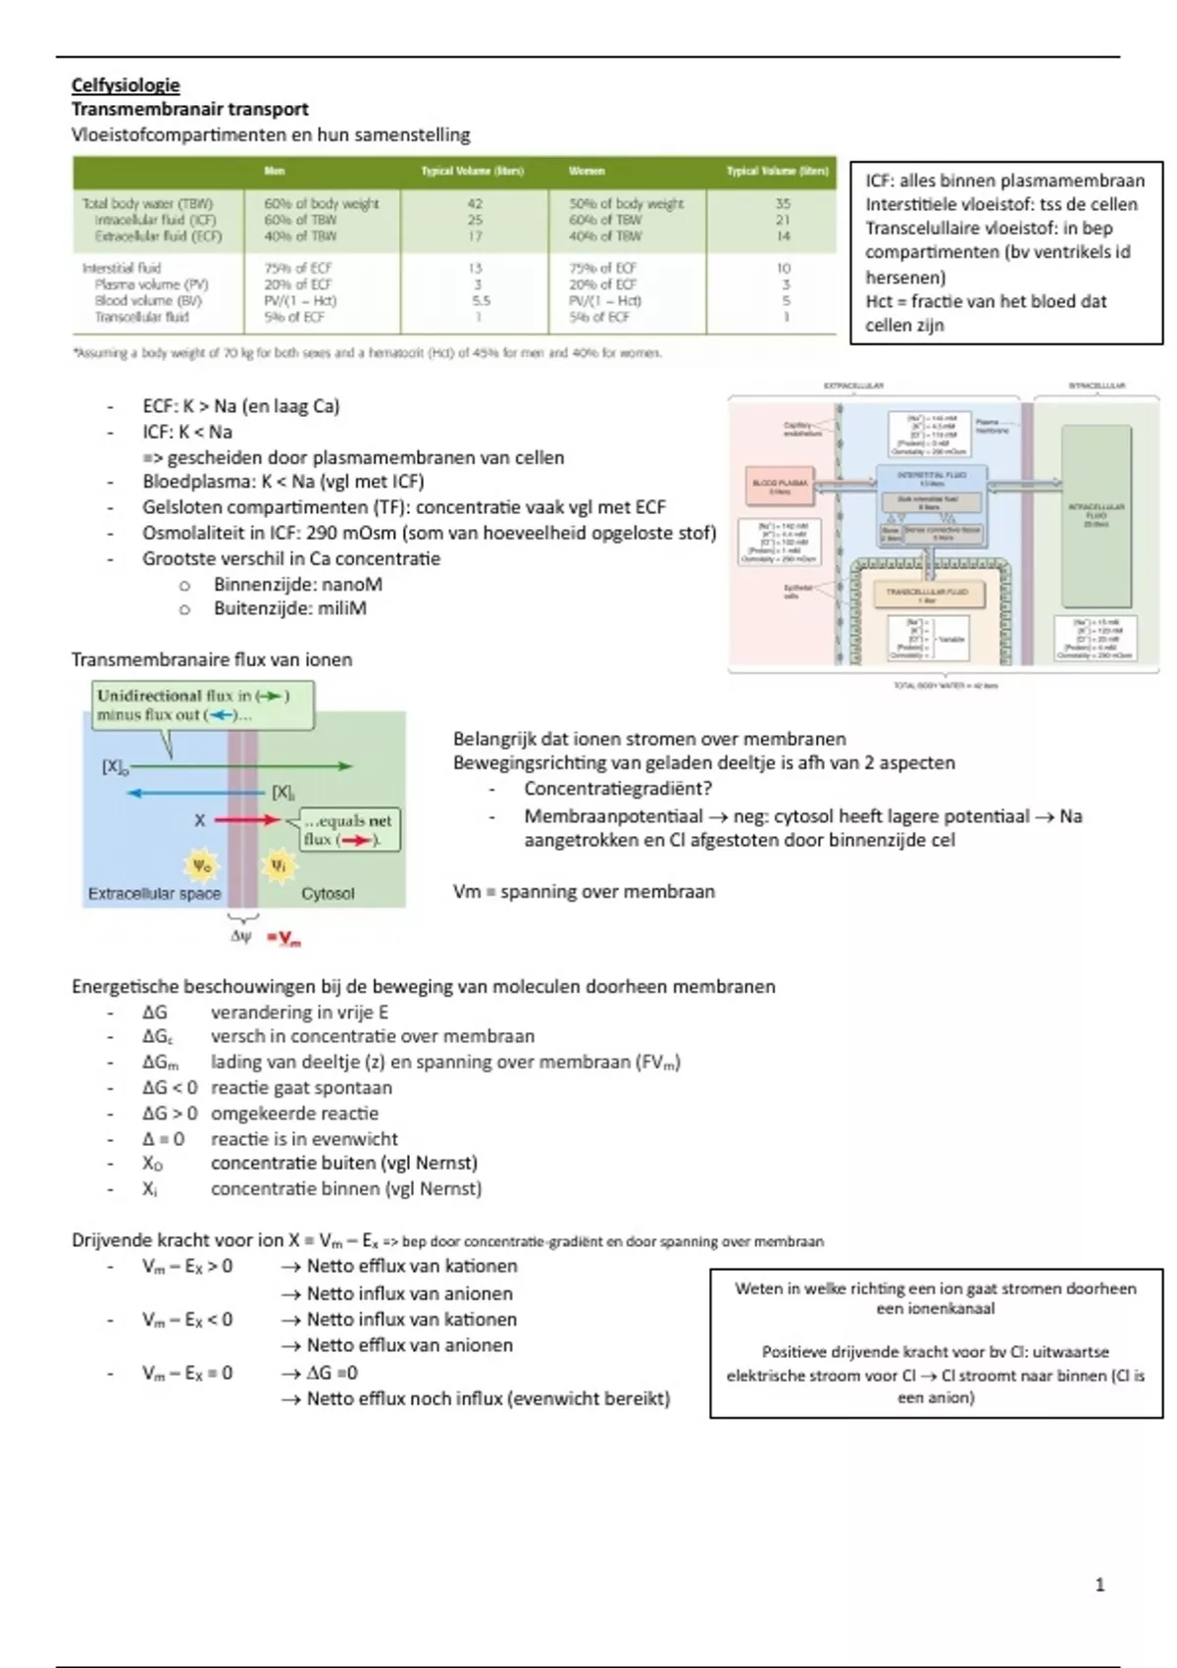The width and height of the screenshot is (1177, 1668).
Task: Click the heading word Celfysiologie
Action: coord(126,85)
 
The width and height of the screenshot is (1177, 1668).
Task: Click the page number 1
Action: coord(1100,1585)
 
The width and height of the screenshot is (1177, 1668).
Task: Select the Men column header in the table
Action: coord(275,171)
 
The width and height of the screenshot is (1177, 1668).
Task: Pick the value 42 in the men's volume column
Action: coord(476,204)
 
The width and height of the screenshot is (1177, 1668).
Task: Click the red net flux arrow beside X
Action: coord(247,820)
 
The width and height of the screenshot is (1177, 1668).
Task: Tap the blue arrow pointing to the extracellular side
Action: coord(196,793)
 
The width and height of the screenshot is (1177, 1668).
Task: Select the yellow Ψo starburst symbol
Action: coord(202,865)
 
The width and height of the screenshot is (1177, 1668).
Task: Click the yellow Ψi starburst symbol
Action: coord(278,865)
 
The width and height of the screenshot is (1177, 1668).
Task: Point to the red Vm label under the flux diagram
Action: coord(287,939)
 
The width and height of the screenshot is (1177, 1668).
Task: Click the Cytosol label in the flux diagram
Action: coord(328,894)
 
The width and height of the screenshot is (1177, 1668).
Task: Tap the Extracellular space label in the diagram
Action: coord(154,894)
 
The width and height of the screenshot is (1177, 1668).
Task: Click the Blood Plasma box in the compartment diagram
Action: coord(780,486)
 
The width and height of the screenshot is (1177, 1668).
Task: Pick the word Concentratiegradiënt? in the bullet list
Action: coord(618,789)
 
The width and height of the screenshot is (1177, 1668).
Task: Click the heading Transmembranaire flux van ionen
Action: coord(211,659)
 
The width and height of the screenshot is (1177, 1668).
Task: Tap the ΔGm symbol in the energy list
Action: coord(160,1063)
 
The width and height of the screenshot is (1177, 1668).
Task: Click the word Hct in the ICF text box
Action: coord(879,302)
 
